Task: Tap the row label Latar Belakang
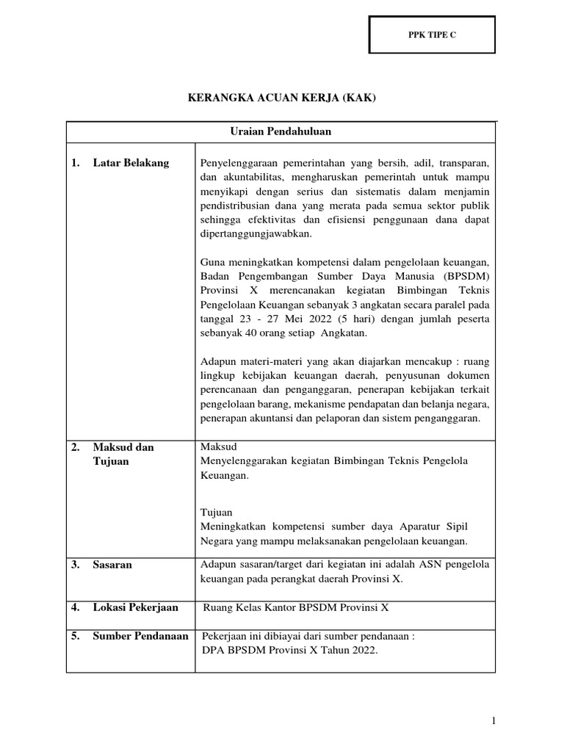(131, 163)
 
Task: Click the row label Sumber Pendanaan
(140, 636)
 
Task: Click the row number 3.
(76, 565)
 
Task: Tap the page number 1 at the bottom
(495, 722)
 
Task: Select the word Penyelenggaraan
(242, 163)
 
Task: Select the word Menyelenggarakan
(247, 460)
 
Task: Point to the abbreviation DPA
(212, 650)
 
